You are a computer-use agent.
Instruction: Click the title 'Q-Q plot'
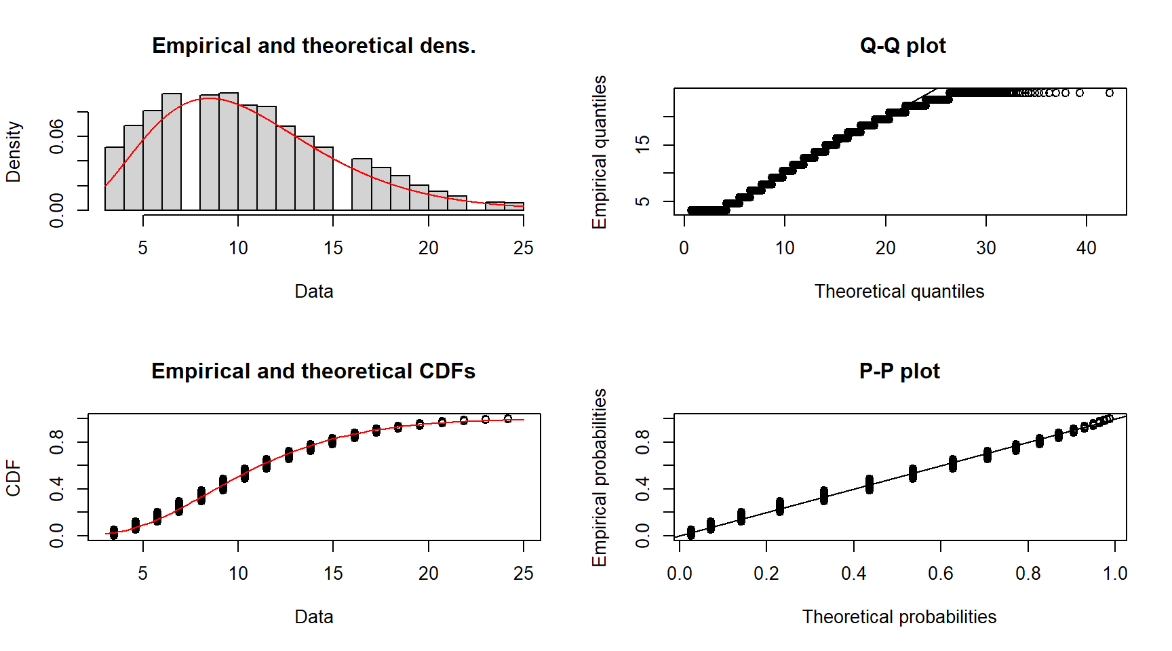click(x=902, y=45)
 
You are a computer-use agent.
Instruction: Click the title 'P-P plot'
click(x=899, y=371)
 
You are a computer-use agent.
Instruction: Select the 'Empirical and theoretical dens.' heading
click(x=313, y=45)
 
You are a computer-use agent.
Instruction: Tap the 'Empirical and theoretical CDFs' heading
click(x=313, y=371)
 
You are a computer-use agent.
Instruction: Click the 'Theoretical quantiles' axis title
click(x=899, y=291)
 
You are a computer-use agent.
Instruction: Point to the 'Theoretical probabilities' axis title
click(x=899, y=616)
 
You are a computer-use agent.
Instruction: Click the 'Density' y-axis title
click(x=14, y=152)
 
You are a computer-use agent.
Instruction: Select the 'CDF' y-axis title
click(x=14, y=477)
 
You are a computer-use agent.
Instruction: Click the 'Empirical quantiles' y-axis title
click(x=599, y=152)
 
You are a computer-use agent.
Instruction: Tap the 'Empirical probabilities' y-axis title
click(x=599, y=477)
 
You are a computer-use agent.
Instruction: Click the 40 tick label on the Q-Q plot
click(x=1086, y=248)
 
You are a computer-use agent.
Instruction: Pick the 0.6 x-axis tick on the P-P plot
click(x=941, y=574)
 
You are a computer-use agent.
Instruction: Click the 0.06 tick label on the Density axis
click(x=57, y=136)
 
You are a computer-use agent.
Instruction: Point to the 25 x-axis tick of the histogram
click(x=523, y=248)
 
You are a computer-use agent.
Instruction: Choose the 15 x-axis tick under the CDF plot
click(x=333, y=574)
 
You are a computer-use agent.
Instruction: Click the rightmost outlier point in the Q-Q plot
click(x=1109, y=93)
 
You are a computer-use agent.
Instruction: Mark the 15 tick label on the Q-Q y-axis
click(x=642, y=144)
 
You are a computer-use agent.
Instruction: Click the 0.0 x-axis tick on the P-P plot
click(x=679, y=574)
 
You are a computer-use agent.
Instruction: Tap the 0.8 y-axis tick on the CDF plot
click(x=57, y=442)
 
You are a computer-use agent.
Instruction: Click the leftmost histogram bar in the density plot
click(x=115, y=178)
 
